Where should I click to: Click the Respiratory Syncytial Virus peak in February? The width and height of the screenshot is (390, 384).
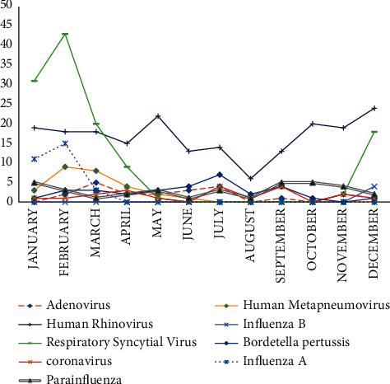tap(65, 35)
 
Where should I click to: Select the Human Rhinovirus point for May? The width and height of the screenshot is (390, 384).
tap(157, 116)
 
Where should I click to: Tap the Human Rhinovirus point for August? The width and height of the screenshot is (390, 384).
tap(250, 178)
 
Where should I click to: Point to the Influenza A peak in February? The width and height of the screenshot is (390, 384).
tap(65, 143)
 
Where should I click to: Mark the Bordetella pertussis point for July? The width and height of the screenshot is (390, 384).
tap(220, 175)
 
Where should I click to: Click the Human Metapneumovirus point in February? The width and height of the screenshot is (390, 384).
tap(65, 166)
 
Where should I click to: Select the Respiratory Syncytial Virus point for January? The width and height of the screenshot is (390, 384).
tap(34, 81)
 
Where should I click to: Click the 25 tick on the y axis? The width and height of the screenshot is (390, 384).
tap(11, 103)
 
